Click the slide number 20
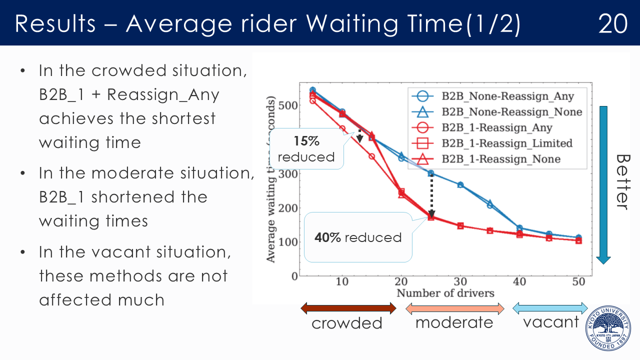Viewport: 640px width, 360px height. click(x=613, y=23)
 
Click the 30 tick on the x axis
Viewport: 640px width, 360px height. click(x=460, y=282)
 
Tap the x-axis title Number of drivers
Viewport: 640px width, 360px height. click(x=445, y=293)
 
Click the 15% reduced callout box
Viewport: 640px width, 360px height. click(x=306, y=149)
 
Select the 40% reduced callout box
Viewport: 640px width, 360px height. click(x=358, y=237)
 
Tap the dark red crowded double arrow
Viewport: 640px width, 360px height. click(x=348, y=308)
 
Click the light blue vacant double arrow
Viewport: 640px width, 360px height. click(x=550, y=307)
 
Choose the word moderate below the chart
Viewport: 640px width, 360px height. click(x=454, y=322)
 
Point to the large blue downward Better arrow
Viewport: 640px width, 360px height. click(x=603, y=185)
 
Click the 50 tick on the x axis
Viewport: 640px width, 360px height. click(x=578, y=282)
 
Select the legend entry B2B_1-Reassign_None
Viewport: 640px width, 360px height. click(x=500, y=159)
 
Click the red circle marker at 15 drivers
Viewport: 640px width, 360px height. click(x=372, y=156)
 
